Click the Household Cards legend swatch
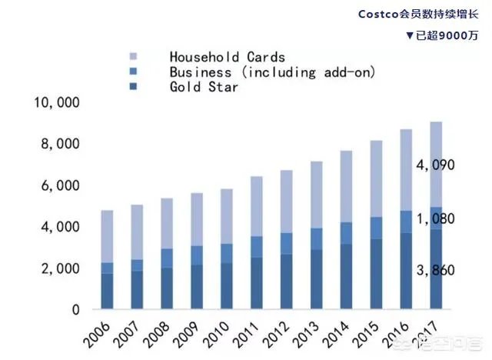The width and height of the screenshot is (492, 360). tap(133, 57)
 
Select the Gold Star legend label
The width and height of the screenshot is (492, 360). tap(204, 87)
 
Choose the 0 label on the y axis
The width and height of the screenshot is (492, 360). tap(75, 310)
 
